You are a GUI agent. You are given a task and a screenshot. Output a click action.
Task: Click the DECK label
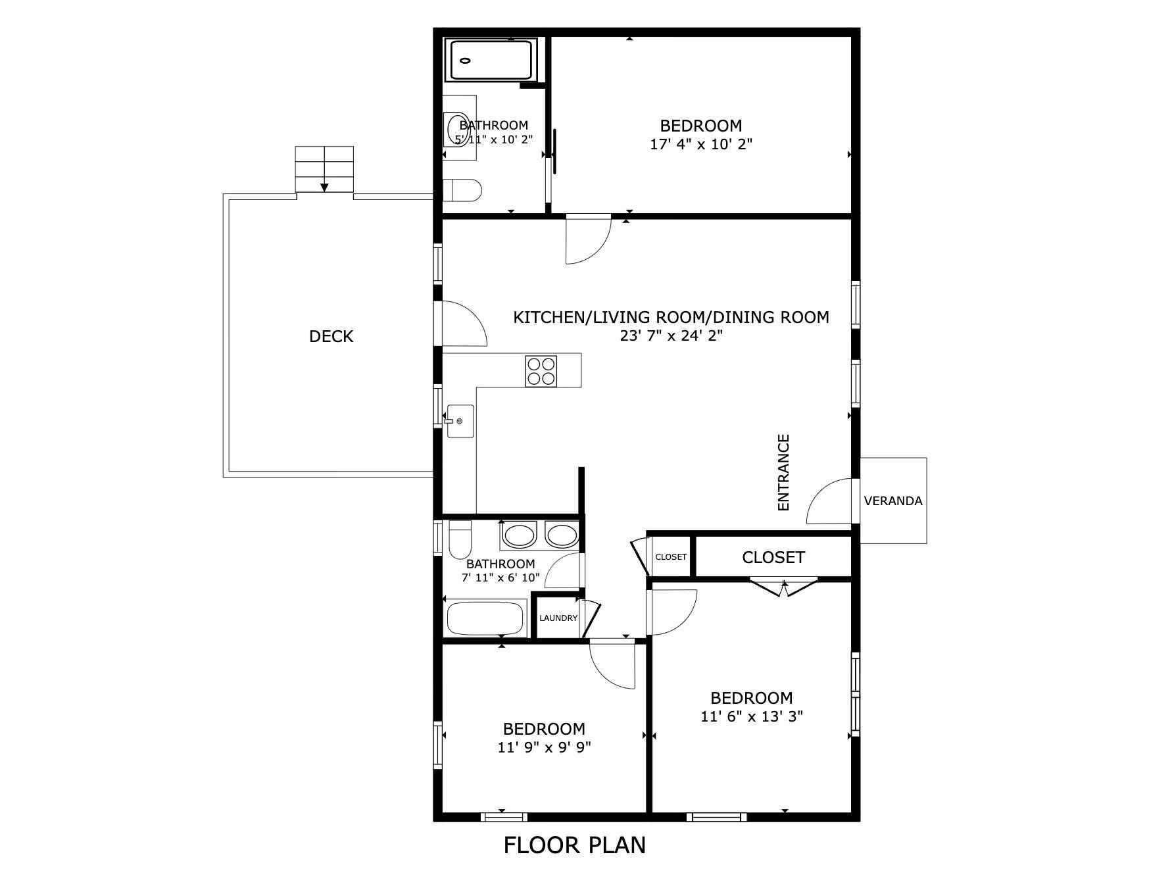point(331,337)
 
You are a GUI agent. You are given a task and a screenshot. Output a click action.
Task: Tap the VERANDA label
point(892,501)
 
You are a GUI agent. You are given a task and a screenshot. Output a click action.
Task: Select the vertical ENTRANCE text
point(783,472)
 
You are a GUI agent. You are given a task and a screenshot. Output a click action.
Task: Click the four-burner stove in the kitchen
point(541,370)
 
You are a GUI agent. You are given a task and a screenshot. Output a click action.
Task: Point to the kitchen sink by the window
point(459,421)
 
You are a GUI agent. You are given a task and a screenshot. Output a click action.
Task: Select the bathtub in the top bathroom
point(491,61)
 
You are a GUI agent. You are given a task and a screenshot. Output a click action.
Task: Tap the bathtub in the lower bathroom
point(485,618)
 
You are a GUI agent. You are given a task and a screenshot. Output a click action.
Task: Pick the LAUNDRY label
point(558,618)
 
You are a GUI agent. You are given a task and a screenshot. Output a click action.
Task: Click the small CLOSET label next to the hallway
point(671,557)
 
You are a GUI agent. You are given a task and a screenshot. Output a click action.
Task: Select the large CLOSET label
point(773,558)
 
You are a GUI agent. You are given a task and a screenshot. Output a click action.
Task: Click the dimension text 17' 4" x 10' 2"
point(701,144)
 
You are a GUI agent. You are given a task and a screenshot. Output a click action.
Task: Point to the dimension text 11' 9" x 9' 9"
point(544,747)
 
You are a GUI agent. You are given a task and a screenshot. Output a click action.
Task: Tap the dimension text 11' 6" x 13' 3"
point(752,716)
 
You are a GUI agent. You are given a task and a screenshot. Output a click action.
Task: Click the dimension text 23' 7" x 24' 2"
point(671,336)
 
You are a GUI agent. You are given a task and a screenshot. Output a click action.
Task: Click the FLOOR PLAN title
point(574,845)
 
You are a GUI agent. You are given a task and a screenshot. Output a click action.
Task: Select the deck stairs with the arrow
point(324,169)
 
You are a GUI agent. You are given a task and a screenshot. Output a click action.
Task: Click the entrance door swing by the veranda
point(830,503)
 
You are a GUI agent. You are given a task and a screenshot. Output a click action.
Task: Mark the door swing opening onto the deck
point(464,324)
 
